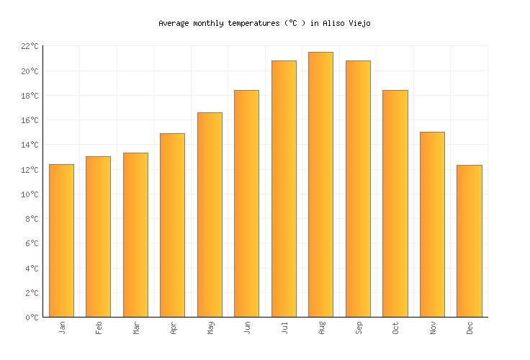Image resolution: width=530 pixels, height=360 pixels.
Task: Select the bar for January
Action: point(61,240)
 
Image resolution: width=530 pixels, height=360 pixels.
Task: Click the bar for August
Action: point(320,184)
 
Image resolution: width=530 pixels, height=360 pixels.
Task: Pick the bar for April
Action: point(172,225)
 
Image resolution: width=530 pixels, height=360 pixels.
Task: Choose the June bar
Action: point(246,203)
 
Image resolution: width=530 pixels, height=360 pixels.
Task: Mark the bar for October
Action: point(395,203)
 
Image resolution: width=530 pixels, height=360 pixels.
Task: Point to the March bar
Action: point(135,235)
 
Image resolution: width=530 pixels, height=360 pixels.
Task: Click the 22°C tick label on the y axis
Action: point(30,46)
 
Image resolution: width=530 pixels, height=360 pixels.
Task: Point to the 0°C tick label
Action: point(32,318)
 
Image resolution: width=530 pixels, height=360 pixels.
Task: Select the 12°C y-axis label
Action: point(30,170)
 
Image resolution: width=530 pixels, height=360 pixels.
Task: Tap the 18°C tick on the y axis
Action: point(30,96)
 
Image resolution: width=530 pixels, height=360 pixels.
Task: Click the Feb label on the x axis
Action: point(99,328)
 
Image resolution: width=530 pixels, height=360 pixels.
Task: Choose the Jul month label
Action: point(284,328)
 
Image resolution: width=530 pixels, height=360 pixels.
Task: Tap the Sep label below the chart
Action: point(359,328)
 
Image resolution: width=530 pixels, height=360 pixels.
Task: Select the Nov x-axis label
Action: point(433,328)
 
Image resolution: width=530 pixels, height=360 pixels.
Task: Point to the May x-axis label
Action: point(210,328)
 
